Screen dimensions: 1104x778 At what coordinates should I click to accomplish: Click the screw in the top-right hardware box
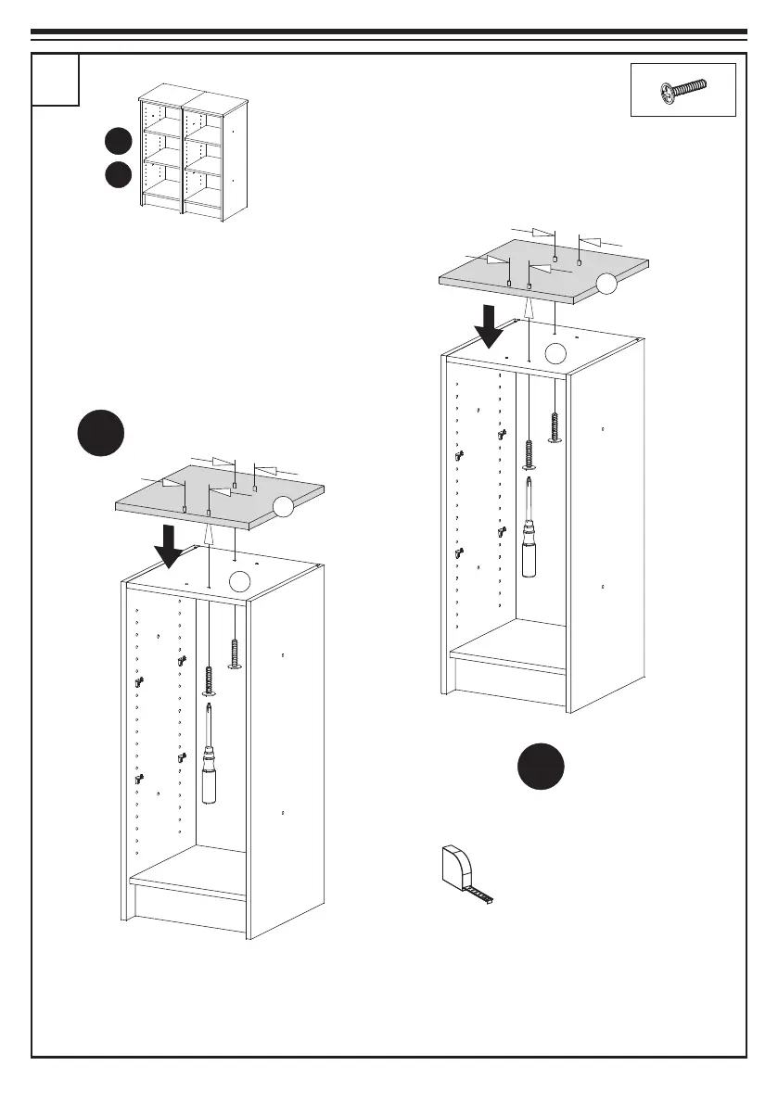[x=683, y=90]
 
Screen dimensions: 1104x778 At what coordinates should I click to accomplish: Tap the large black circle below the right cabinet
[x=541, y=765]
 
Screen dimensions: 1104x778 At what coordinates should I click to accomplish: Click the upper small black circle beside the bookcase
[x=117, y=142]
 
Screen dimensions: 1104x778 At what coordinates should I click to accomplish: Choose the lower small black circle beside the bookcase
[x=117, y=174]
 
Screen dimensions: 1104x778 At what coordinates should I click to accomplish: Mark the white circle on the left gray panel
[x=285, y=505]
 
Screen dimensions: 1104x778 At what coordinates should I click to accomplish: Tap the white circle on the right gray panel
[x=606, y=285]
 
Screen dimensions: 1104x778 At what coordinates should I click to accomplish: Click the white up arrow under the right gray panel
[x=529, y=309]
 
